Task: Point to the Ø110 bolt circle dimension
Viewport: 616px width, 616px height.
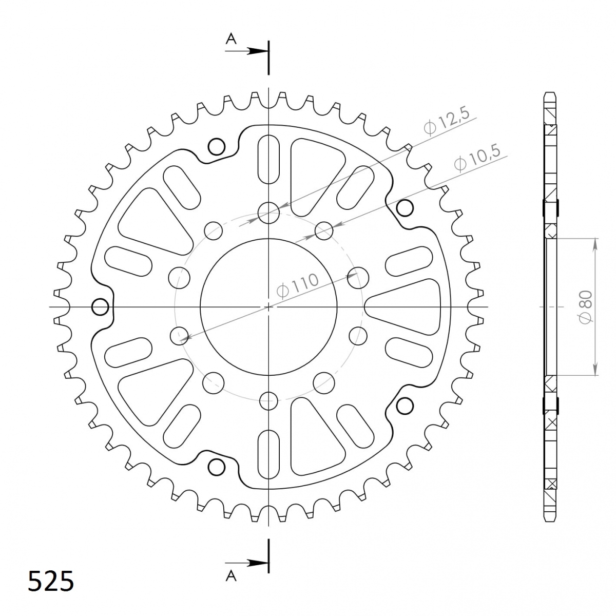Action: [297, 285]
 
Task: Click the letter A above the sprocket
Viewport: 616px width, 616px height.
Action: [231, 39]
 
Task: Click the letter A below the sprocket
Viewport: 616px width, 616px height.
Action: [231, 576]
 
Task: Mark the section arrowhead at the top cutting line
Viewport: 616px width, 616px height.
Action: [257, 51]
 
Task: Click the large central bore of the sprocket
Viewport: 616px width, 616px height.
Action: [268, 307]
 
